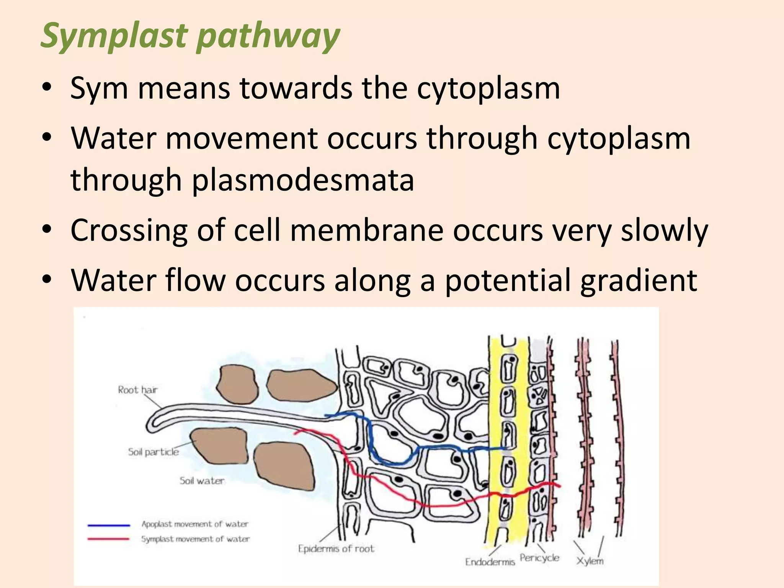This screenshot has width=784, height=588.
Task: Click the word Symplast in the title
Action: pyautogui.click(x=115, y=36)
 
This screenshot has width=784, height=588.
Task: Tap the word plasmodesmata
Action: pyautogui.click(x=302, y=180)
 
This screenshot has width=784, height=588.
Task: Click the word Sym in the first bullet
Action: pyautogui.click(x=99, y=89)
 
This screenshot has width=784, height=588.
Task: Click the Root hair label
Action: pyautogui.click(x=137, y=390)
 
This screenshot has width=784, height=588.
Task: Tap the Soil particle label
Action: pyautogui.click(x=153, y=452)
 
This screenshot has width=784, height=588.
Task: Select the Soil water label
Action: pyautogui.click(x=202, y=481)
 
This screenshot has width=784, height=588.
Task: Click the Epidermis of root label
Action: pyautogui.click(x=336, y=549)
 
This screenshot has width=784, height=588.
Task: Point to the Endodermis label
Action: pyautogui.click(x=490, y=562)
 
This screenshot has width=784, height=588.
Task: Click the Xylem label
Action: pyautogui.click(x=590, y=561)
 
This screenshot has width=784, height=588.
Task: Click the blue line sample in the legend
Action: pyautogui.click(x=109, y=525)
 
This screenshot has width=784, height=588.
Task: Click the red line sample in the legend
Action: pyautogui.click(x=109, y=539)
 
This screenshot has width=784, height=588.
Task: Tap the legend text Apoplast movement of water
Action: pyautogui.click(x=194, y=524)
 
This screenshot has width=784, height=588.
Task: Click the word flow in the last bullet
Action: pyautogui.click(x=195, y=281)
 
